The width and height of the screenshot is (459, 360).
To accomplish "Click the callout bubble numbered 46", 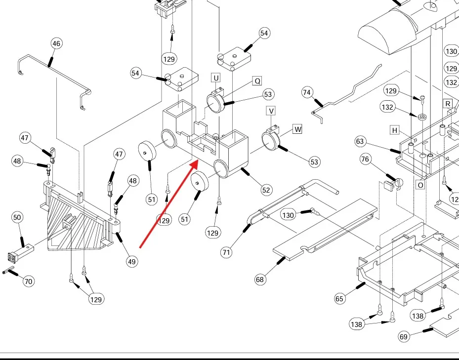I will click(57, 44).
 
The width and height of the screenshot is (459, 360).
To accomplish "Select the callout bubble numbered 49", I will click(132, 261).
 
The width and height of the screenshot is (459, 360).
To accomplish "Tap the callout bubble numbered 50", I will click(17, 217).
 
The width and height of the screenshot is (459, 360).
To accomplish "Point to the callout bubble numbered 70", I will click(28, 281).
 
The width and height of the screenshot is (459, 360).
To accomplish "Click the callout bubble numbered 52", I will click(266, 190).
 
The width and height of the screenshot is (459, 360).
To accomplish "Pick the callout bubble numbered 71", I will click(226, 252).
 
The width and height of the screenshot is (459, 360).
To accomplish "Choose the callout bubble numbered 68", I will click(260, 280).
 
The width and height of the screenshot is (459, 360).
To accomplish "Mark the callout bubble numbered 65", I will click(339, 298).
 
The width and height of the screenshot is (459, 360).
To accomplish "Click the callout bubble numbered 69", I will click(404, 337).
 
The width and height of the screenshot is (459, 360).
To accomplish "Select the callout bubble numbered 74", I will click(307, 92).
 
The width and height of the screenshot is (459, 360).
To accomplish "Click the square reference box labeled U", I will click(216, 78).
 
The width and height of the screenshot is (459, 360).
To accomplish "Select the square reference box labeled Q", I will click(257, 80).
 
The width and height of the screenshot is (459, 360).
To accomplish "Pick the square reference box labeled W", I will click(297, 129).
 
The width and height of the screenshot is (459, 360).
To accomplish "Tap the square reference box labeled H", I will click(394, 130).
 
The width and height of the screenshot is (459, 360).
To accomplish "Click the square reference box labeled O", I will click(420, 185).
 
